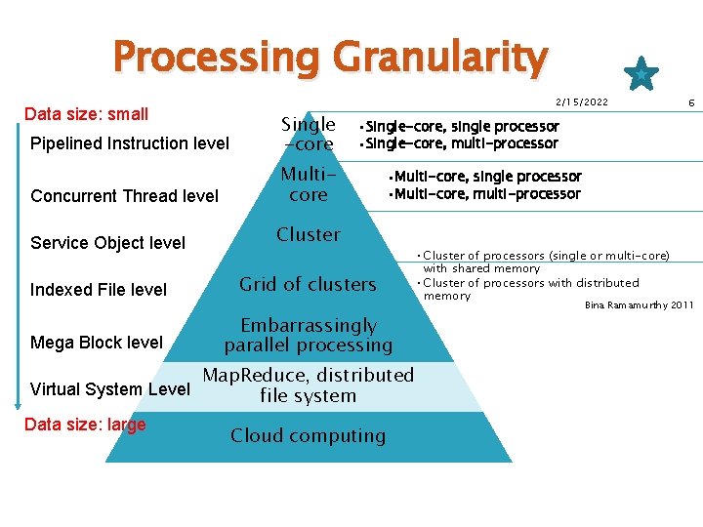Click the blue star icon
click(641, 72)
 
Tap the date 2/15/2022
click(581, 102)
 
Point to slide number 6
click(691, 102)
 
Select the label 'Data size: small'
click(86, 114)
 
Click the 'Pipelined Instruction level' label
click(130, 143)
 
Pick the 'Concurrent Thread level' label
click(125, 196)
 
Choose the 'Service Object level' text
click(107, 243)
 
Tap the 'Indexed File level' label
click(99, 290)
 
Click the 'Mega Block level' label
click(97, 343)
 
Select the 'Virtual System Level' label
click(110, 389)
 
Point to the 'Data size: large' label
click(85, 425)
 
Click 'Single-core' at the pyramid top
click(308, 135)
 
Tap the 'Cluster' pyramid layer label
click(309, 234)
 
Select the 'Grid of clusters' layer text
click(308, 284)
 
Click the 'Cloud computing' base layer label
click(308, 436)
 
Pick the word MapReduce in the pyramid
click(251, 376)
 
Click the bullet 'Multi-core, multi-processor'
click(484, 194)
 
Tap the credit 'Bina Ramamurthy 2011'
click(639, 305)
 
